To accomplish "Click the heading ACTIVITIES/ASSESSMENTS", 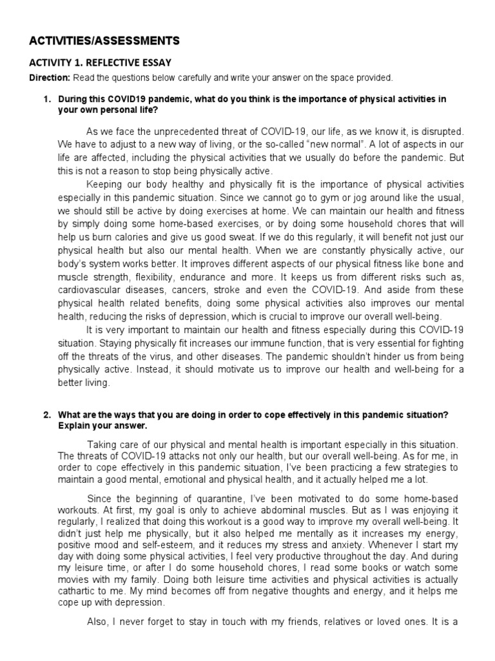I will click(x=105, y=41).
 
